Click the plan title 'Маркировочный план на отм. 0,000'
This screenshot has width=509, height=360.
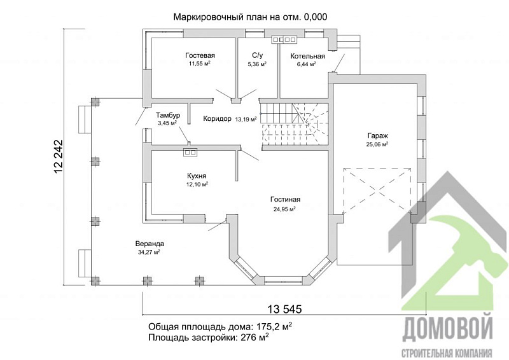click(x=250, y=17)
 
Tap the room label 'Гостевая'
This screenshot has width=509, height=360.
click(x=200, y=55)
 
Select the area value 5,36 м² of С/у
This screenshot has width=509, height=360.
click(x=256, y=64)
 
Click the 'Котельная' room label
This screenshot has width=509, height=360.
click(x=307, y=56)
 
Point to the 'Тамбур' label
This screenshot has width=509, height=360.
click(x=169, y=114)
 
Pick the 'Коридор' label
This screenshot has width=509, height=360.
click(x=217, y=119)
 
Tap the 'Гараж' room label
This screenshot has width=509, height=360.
click(x=377, y=136)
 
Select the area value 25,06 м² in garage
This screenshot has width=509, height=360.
click(x=377, y=144)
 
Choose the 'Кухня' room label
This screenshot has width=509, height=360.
click(x=197, y=176)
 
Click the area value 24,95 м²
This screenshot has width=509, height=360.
click(x=284, y=209)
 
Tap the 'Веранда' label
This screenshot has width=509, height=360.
click(x=150, y=244)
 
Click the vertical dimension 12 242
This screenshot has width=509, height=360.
click(x=59, y=156)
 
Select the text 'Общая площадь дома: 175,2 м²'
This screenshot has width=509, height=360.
click(x=220, y=326)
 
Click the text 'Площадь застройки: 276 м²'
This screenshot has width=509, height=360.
click(x=208, y=337)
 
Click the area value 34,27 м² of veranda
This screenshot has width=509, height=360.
click(x=148, y=253)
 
